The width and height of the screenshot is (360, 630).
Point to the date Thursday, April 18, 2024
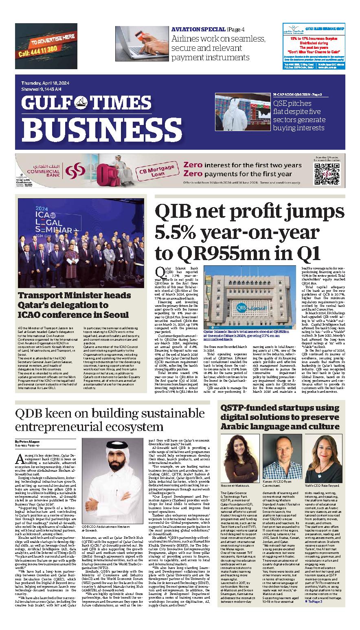47,83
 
